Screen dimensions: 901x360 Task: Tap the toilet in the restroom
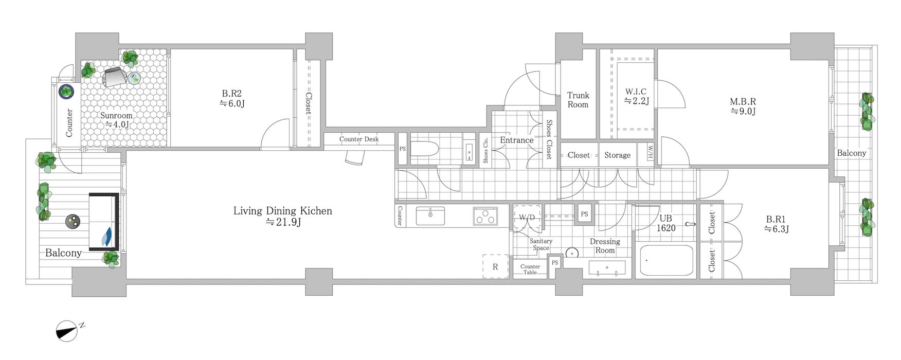pyautogui.click(x=425, y=149)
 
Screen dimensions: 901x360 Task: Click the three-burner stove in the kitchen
pyautogui.click(x=486, y=216)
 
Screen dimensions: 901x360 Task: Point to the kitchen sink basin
pyautogui.click(x=430, y=215)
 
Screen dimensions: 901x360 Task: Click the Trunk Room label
pyautogui.click(x=578, y=100)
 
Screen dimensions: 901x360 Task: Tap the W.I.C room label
pyautogui.click(x=636, y=96)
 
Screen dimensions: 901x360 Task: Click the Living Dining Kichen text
pyautogui.click(x=282, y=211)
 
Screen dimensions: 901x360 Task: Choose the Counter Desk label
pyautogui.click(x=359, y=139)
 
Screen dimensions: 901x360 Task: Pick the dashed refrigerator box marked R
pyautogui.click(x=495, y=266)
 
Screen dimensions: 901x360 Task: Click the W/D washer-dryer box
pyautogui.click(x=527, y=218)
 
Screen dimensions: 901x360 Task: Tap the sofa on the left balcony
pyautogui.click(x=104, y=222)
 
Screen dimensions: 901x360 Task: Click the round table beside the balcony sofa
pyautogui.click(x=73, y=222)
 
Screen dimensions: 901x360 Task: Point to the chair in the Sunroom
pyautogui.click(x=115, y=78)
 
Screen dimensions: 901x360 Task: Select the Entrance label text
pyautogui.click(x=516, y=140)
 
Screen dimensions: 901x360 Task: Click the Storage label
pyautogui.click(x=617, y=155)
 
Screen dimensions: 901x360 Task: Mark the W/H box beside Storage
pyautogui.click(x=650, y=153)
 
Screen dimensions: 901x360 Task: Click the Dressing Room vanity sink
pyautogui.click(x=607, y=268)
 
